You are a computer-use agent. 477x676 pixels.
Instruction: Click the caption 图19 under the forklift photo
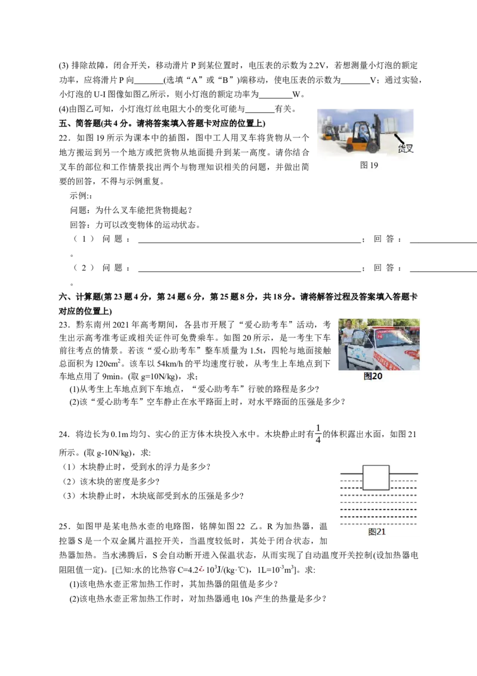pos(369,165)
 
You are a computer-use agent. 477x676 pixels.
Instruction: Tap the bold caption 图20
pos(373,376)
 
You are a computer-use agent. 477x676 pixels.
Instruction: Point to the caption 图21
pos(377,531)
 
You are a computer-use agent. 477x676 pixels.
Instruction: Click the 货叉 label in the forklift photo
pos(405,149)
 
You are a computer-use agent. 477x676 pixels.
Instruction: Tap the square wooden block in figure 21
pos(376,478)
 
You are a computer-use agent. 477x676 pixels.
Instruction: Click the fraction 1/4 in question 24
pos(318,434)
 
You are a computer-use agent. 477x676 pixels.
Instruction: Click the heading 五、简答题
pos(80,123)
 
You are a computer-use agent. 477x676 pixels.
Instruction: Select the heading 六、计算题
pos(80,297)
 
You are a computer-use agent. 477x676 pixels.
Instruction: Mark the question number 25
pos(64,526)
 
